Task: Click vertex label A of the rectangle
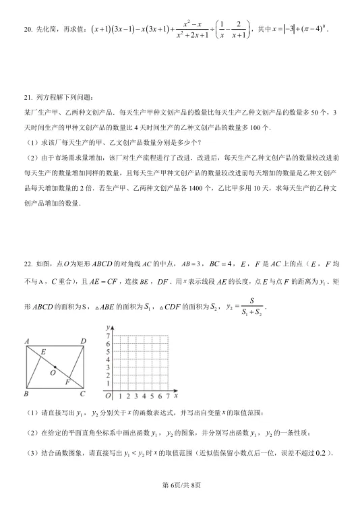[x=26, y=341]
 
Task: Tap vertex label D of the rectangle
[x=84, y=341]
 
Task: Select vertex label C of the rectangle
[x=84, y=394]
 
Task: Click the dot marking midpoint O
[x=55, y=367]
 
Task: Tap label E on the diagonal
[x=44, y=352]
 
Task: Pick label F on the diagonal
[x=67, y=382]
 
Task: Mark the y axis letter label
[x=108, y=327]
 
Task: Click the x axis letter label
[x=176, y=390]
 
